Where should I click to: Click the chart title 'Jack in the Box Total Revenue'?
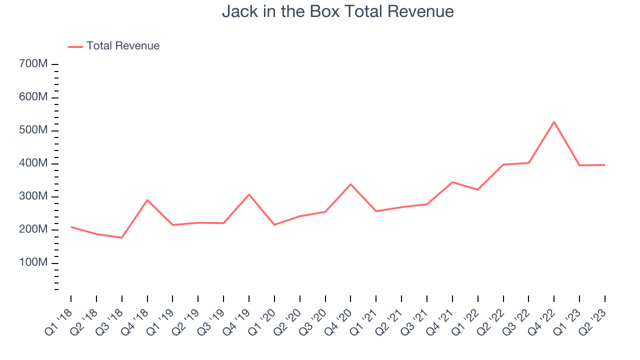[x=337, y=11]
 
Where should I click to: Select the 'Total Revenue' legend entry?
[x=113, y=45]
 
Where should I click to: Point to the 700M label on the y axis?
[x=33, y=63]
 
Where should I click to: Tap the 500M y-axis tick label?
[x=33, y=130]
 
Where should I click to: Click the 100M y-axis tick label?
[x=33, y=262]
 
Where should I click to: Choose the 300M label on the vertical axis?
[x=33, y=196]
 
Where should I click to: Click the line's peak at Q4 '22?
[x=554, y=122]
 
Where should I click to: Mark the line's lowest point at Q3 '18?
[x=122, y=237]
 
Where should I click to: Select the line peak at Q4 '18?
[x=147, y=200]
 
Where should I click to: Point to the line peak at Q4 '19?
[x=249, y=194]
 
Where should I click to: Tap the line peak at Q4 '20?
[x=350, y=184]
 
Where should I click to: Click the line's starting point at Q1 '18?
[x=71, y=227]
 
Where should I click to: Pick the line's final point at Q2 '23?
[x=604, y=165]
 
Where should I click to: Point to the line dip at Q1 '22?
[x=477, y=189]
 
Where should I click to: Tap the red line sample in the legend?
[x=75, y=47]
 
